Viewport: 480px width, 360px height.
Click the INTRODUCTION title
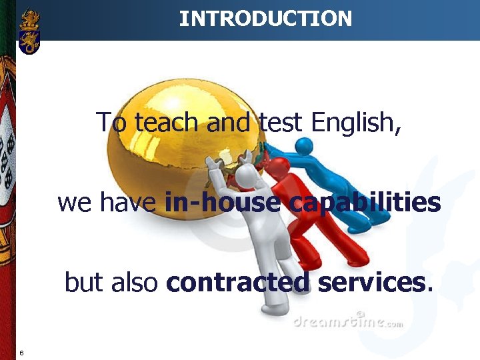(265, 19)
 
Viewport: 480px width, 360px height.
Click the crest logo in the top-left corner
(29, 31)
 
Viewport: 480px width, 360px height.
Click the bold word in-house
(221, 202)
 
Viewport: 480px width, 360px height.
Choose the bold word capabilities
(365, 202)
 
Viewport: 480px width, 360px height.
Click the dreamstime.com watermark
(347, 323)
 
